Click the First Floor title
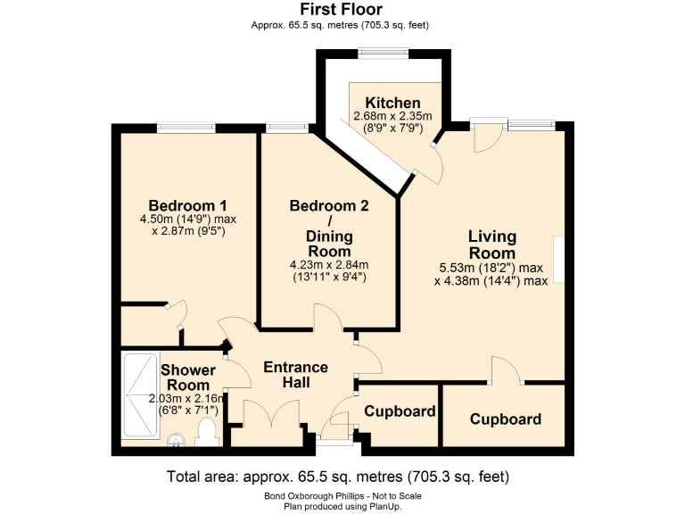342,10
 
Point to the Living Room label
492,245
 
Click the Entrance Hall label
295,375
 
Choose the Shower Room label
187,377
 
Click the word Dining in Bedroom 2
329,236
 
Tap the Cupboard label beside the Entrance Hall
400,411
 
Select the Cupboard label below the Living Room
506,419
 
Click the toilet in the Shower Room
207,433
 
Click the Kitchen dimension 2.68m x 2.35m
392,116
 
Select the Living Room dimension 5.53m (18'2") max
491,268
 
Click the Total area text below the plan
338,476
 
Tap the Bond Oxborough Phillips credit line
342,495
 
